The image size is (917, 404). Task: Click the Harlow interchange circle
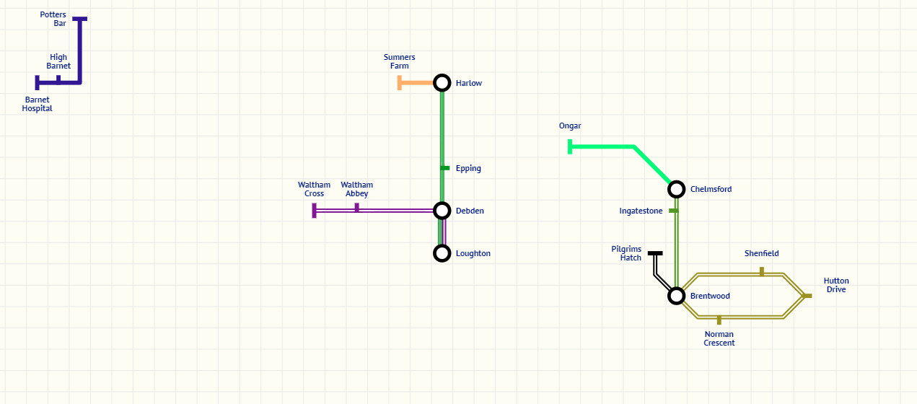442,83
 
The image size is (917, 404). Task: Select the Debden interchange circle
442,211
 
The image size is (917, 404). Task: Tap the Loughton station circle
442,253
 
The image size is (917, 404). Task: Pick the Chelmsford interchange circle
676,189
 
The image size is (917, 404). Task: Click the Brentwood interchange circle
676,296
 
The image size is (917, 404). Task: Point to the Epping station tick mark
445,168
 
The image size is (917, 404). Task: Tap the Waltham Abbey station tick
356,208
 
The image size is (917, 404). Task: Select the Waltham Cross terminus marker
315,211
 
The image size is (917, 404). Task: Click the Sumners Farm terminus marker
400,83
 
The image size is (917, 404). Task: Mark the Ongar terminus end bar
570,147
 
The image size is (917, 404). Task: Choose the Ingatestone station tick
673,211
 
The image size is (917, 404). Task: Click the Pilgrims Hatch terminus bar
655,253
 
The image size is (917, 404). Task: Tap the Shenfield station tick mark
761,271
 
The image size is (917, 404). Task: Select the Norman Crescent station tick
719,320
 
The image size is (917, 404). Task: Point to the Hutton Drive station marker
807,296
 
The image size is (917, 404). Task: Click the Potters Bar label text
53,19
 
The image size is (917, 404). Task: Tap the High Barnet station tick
58,79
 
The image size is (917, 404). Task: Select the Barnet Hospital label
38,104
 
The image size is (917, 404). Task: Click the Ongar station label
570,126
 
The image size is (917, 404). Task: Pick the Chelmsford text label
711,189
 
